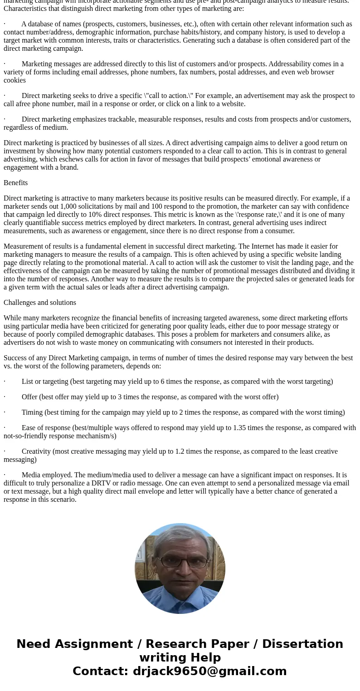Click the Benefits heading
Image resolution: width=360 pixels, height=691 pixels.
click(16, 183)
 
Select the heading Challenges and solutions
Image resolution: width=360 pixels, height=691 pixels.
click(40, 303)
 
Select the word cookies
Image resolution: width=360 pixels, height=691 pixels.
click(15, 80)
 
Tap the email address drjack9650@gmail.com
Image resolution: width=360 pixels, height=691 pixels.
click(209, 671)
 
